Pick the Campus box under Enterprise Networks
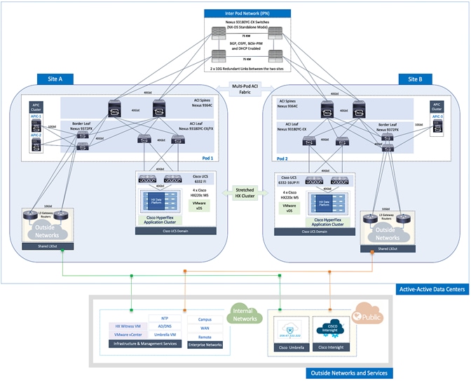(x=205, y=319)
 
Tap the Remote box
(x=205, y=337)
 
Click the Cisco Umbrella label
(x=288, y=347)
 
